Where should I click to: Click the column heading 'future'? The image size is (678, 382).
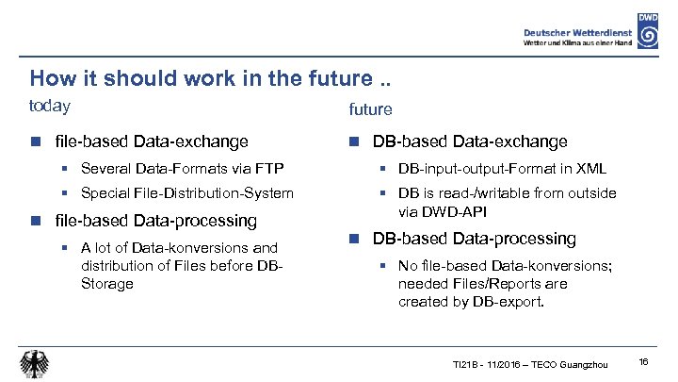pos(370,109)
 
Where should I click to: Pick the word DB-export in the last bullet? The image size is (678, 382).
pos(507,303)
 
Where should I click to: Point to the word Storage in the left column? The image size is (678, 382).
pos(107,284)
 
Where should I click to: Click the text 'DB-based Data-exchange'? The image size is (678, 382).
pos(470,141)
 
